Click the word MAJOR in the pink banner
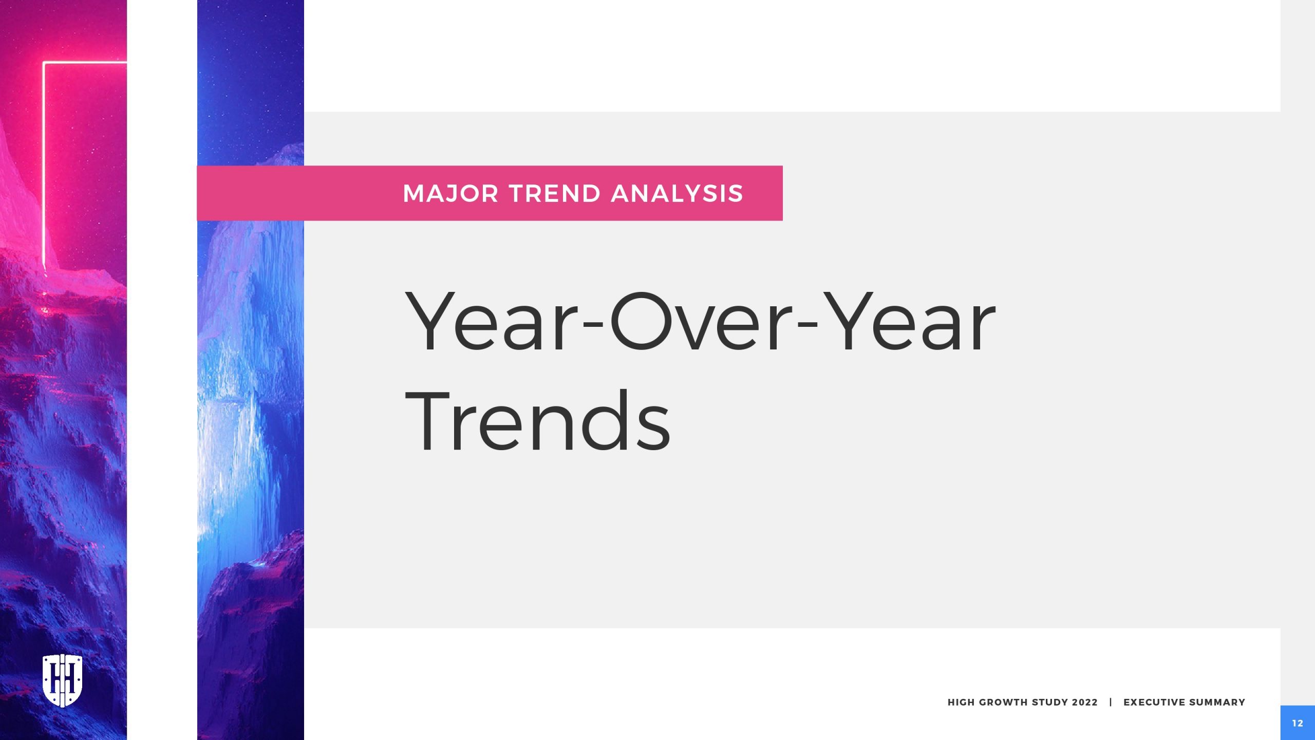pos(450,194)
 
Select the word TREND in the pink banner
pos(555,194)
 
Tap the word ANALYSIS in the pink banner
pos(677,194)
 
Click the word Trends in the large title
pos(538,421)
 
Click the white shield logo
pos(62,680)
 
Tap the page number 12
pos(1298,723)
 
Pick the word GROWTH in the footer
pos(1003,702)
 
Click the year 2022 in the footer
pos(1085,702)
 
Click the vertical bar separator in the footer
pos(1111,702)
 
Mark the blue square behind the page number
pos(1298,723)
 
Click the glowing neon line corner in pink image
pos(44,63)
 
